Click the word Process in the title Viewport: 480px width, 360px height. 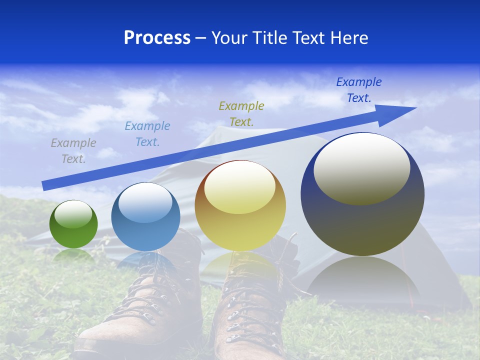(x=157, y=38)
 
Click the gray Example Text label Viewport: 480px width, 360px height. (x=73, y=151)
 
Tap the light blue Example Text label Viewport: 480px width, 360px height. (x=147, y=134)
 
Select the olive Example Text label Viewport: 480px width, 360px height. (x=241, y=113)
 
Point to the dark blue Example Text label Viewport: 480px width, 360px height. (x=359, y=90)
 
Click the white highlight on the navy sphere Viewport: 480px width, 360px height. (x=361, y=168)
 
